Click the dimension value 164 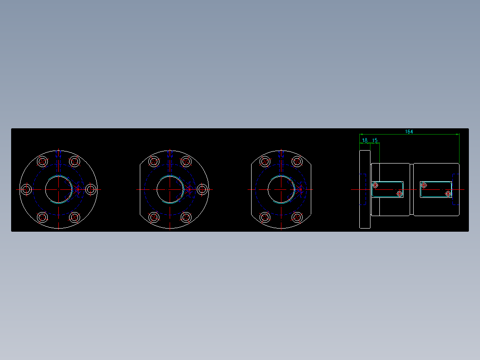coord(409,131)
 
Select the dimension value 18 coord(365,140)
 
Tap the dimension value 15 coord(375,140)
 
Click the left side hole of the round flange coord(26,190)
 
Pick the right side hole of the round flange coord(91,190)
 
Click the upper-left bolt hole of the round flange coord(42,161)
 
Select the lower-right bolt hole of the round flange coord(74,217)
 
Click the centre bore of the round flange coord(58,190)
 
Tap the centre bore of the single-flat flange coord(170,190)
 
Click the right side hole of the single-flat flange coord(203,190)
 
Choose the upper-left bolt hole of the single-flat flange coord(154,161)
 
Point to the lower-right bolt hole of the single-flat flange coord(186,217)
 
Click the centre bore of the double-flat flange coord(281,190)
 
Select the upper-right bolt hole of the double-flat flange coord(297,161)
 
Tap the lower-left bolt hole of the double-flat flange coord(265,217)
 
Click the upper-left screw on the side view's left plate coord(375,185)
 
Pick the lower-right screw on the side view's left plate coord(399,194)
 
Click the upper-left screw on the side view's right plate coord(424,185)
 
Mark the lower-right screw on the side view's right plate coord(448,194)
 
